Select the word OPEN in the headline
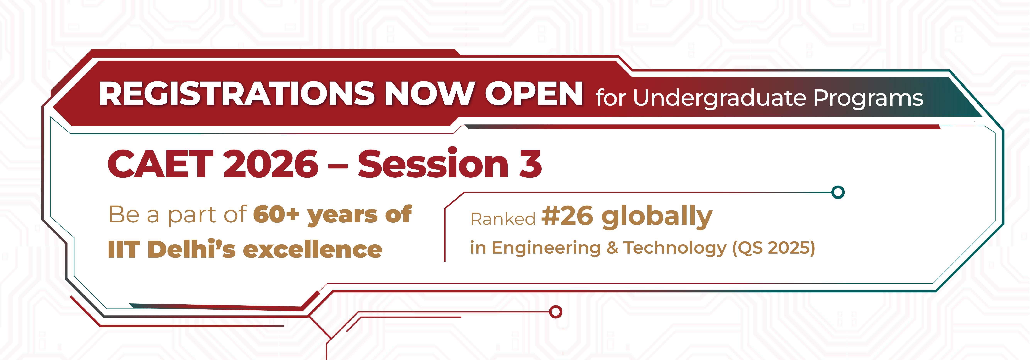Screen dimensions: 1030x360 point(534,94)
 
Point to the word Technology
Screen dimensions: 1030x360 point(675,248)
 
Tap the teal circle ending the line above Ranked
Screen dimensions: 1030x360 point(838,192)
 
